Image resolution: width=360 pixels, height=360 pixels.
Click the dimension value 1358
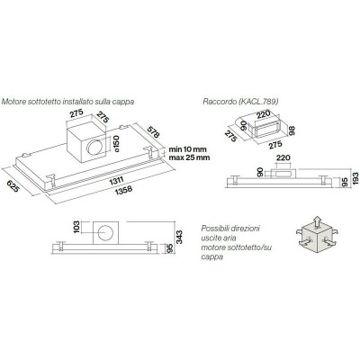[123, 191]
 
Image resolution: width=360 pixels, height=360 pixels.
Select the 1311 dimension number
[117, 181]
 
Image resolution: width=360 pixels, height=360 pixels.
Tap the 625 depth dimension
[14, 185]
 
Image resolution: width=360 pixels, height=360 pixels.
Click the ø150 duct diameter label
[116, 144]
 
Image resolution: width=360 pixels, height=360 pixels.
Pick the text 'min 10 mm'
[188, 149]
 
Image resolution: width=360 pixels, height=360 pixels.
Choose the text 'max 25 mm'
[189, 157]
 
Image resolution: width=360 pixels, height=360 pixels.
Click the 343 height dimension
[179, 238]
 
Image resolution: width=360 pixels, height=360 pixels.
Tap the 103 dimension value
[76, 227]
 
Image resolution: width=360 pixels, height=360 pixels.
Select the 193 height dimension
[355, 179]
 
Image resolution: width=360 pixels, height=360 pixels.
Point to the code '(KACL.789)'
[258, 102]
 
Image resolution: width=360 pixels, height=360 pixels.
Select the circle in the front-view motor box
[105, 234]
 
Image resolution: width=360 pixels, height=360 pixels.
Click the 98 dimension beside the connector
[292, 130]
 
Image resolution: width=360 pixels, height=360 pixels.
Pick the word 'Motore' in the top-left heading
[13, 102]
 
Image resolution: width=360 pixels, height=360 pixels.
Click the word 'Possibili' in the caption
[214, 229]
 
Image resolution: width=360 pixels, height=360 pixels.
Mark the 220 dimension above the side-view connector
[283, 157]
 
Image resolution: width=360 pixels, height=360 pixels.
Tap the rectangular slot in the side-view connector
[283, 173]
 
